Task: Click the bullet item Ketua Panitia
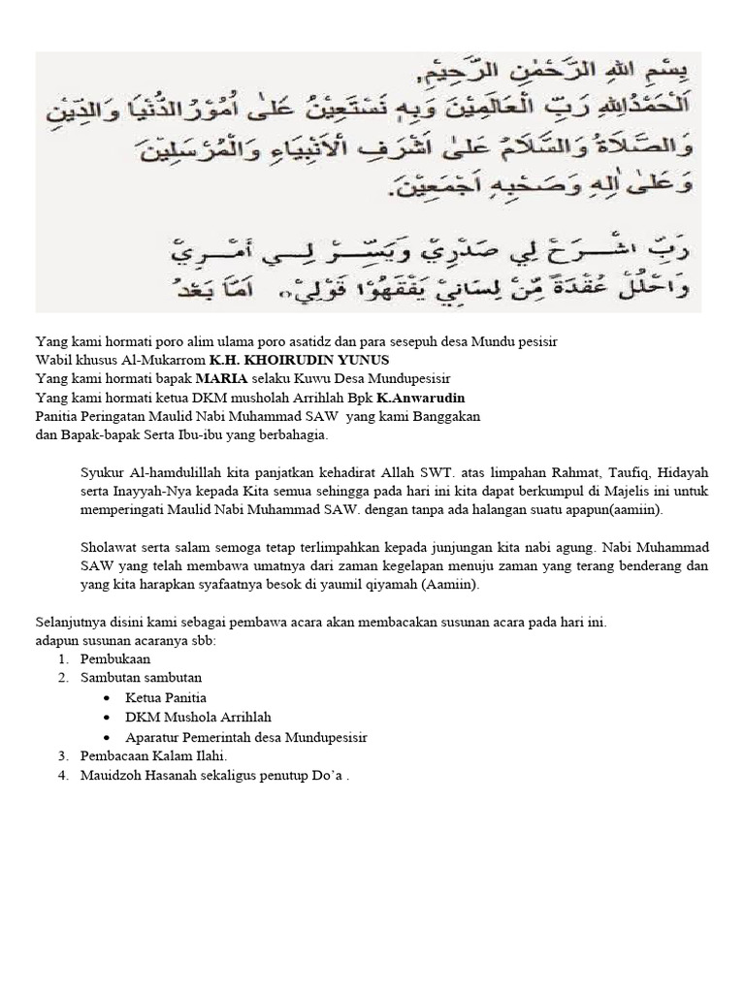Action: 166,697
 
